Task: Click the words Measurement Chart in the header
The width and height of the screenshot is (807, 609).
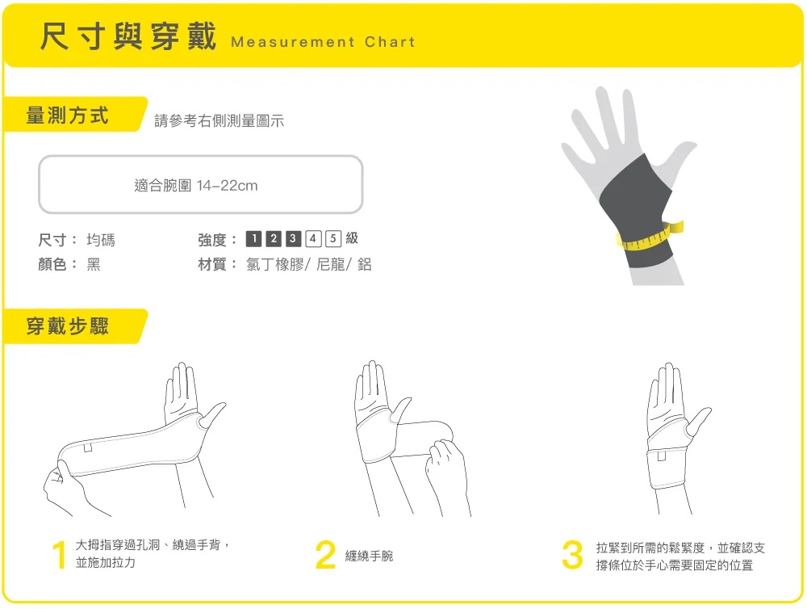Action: pos(323,42)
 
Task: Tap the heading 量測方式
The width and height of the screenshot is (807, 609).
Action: pos(68,115)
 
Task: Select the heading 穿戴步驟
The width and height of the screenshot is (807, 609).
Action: pos(68,326)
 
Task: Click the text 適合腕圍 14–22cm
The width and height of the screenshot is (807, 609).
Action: pos(195,185)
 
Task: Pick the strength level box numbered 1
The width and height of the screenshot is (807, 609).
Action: pos(253,238)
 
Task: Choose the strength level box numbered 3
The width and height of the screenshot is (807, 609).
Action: pos(293,238)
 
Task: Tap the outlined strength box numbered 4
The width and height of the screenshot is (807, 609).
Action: pos(313,238)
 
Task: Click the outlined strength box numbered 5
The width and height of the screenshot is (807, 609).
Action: pos(333,238)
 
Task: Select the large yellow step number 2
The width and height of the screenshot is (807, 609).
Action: pos(325,554)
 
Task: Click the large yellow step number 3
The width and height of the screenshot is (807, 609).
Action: pos(572,554)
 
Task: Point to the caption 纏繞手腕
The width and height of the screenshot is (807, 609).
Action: pos(369,556)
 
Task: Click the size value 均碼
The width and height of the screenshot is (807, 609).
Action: pos(101,240)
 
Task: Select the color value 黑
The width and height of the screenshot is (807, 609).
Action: pos(94,264)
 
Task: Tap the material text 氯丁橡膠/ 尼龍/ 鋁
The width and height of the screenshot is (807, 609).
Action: pos(309,264)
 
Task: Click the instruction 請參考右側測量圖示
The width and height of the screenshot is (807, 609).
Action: pos(220,120)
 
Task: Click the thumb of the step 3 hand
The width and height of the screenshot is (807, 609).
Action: pos(698,421)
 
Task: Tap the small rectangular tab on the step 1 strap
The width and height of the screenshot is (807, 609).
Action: pos(88,447)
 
